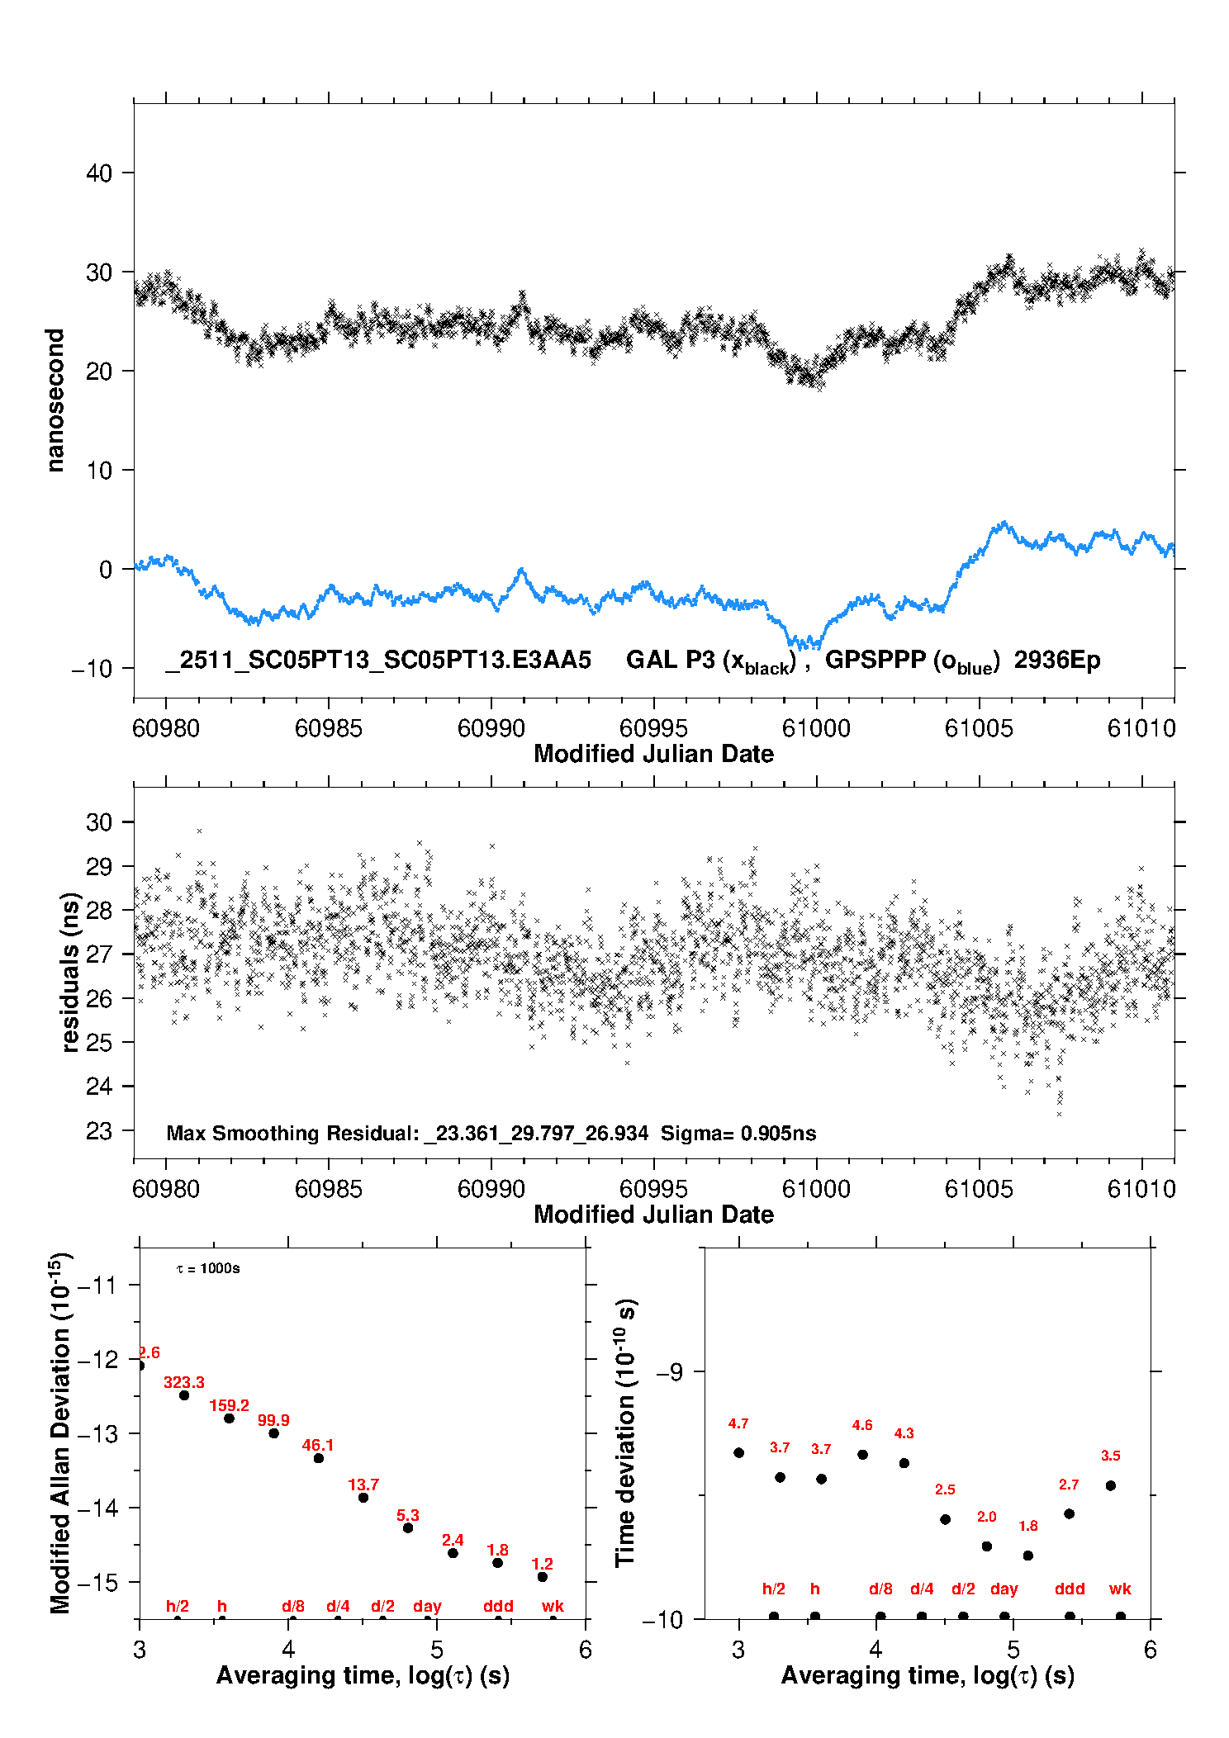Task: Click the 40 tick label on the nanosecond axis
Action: (x=98, y=173)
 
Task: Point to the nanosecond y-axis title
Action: (x=55, y=400)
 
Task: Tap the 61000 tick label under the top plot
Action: (x=816, y=728)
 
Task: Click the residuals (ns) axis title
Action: (x=71, y=972)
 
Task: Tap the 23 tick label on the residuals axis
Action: (x=98, y=1131)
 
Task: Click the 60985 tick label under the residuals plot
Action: (x=328, y=1189)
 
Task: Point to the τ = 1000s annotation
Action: (x=208, y=1268)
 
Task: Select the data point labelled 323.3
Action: (x=184, y=1395)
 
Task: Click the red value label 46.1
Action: (x=318, y=1445)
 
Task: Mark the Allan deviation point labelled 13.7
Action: (x=363, y=1498)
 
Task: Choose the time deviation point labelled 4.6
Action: (x=862, y=1455)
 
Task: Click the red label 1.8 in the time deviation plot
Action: (x=1027, y=1526)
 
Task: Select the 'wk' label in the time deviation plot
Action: (x=1120, y=1589)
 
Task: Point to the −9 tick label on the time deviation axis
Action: (x=669, y=1372)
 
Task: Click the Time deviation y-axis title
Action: (x=625, y=1433)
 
